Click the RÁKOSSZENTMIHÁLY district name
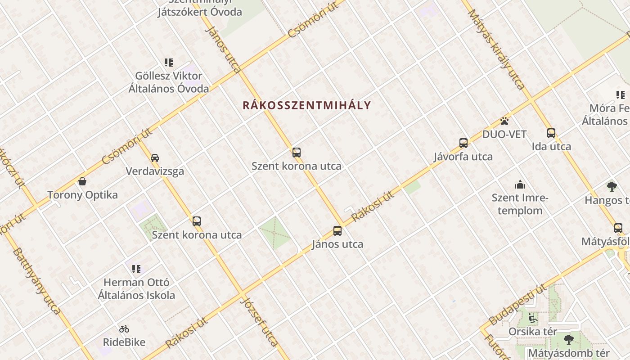307,105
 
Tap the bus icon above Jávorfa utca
463,143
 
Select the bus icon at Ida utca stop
551,133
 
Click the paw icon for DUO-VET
504,121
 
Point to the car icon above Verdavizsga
155,158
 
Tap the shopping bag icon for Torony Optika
82,181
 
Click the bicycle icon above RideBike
124,329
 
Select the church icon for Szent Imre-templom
520,184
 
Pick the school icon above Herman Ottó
136,269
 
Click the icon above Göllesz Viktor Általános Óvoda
169,63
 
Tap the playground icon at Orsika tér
532,318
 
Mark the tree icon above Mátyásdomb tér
569,339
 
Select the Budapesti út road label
517,304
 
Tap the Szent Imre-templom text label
520,204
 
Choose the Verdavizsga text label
155,171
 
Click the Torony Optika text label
83,195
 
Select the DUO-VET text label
504,134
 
